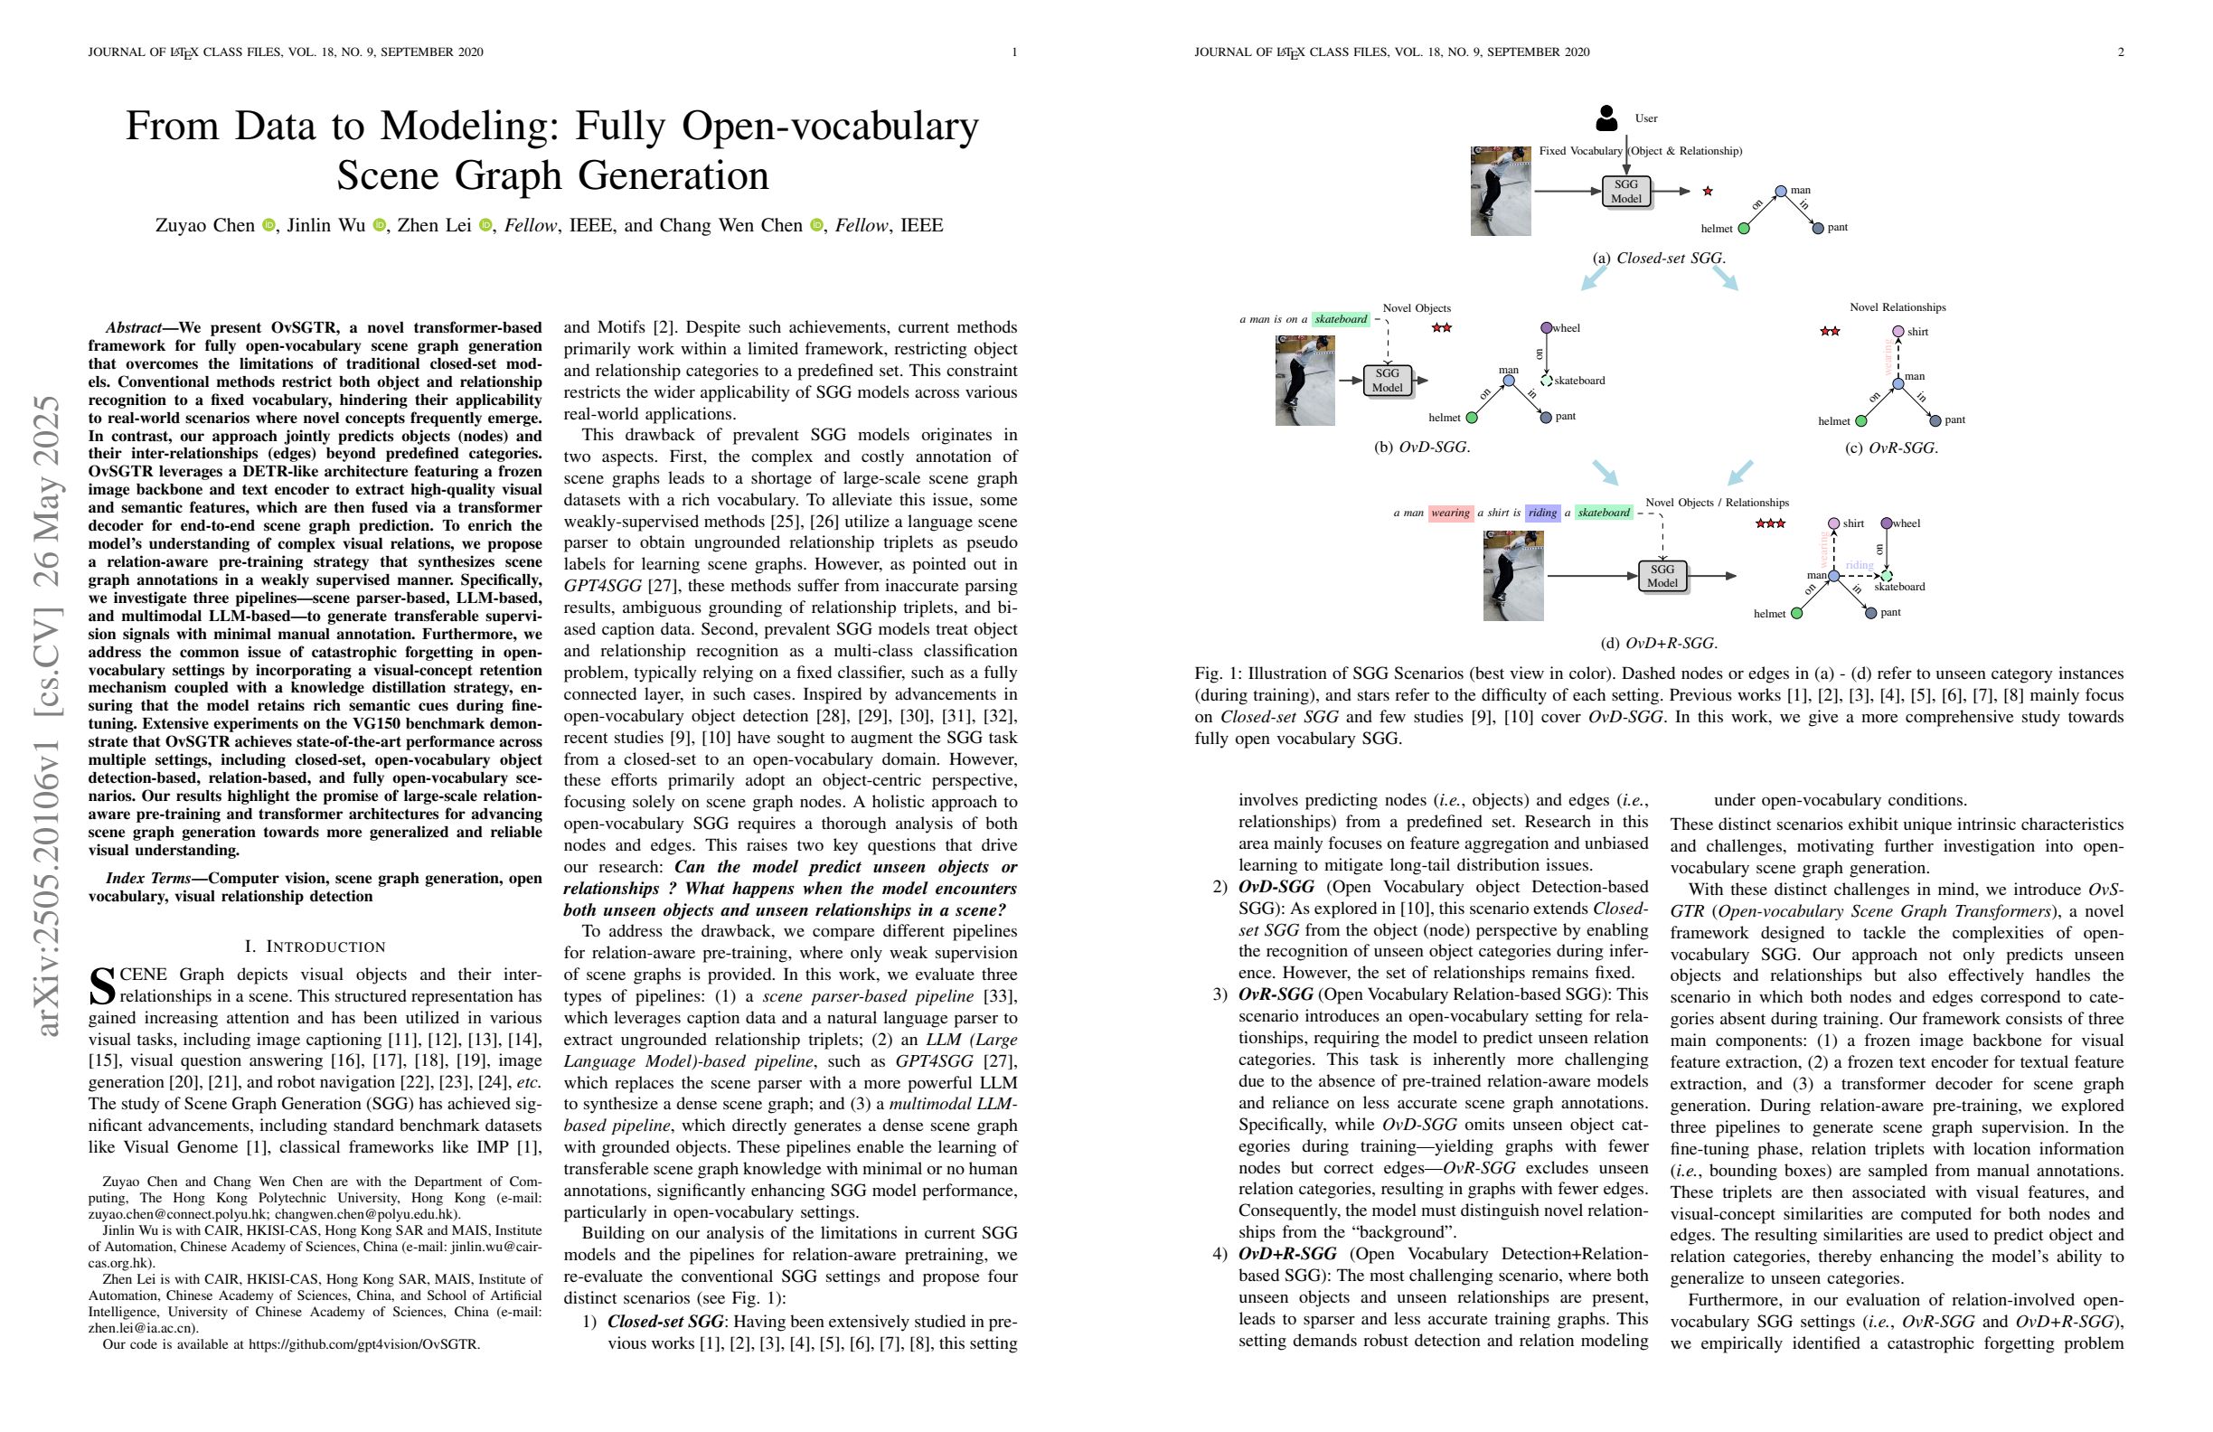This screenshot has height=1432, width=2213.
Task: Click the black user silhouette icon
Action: point(1606,118)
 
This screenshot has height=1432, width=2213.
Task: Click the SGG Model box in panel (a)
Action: point(1626,192)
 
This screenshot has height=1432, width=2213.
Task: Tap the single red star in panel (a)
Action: point(1707,192)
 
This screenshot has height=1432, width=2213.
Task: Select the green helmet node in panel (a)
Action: point(1744,229)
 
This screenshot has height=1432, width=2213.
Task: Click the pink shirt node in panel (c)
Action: point(1898,332)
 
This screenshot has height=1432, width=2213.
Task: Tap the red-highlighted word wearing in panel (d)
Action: point(1450,513)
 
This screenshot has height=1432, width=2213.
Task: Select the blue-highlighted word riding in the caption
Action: point(1541,513)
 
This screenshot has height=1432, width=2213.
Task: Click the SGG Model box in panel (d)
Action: point(1662,576)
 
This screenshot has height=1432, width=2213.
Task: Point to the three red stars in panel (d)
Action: point(1769,523)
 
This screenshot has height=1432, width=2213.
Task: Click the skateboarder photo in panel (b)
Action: point(1304,381)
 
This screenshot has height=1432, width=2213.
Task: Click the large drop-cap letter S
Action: point(102,986)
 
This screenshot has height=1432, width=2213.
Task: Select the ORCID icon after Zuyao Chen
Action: point(268,226)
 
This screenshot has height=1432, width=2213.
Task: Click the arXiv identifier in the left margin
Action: point(46,716)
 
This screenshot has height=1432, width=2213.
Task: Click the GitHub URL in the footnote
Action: point(363,1343)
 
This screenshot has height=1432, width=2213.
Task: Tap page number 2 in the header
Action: point(2121,52)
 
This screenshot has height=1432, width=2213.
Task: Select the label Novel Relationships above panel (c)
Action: point(1897,307)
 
